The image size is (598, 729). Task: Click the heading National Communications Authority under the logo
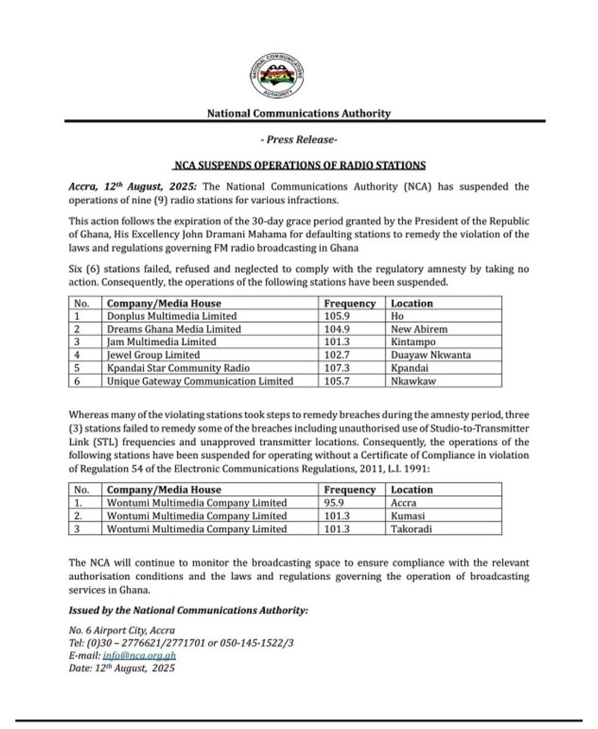[298, 113]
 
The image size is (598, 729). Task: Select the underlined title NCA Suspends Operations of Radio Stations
[298, 165]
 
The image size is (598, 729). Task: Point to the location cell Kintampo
[410, 342]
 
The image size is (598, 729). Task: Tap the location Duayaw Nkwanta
[427, 355]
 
